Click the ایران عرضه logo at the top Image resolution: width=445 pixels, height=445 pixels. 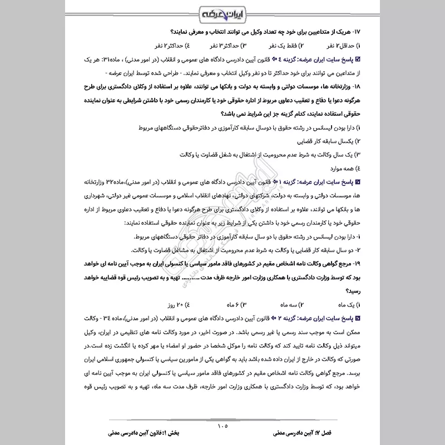[222, 12]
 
